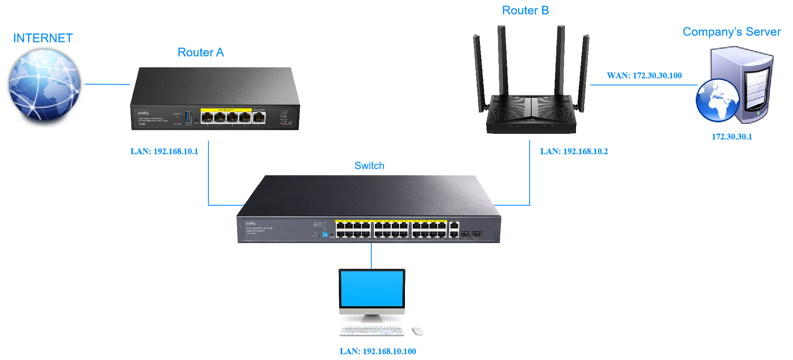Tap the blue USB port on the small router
(x=188, y=117)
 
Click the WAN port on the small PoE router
(x=258, y=117)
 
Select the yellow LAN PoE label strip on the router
(x=226, y=110)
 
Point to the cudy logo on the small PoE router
(x=143, y=113)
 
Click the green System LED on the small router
(x=177, y=117)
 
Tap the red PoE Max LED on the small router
(x=177, y=122)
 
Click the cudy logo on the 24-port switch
(x=250, y=223)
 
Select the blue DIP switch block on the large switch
(x=325, y=235)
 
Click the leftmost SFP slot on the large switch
(x=466, y=235)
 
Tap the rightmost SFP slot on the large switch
(x=477, y=235)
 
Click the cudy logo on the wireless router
(x=531, y=119)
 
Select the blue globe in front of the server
(x=718, y=100)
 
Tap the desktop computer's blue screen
(x=372, y=288)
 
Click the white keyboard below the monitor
(x=372, y=331)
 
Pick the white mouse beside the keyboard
(x=417, y=331)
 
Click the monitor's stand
(x=372, y=318)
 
